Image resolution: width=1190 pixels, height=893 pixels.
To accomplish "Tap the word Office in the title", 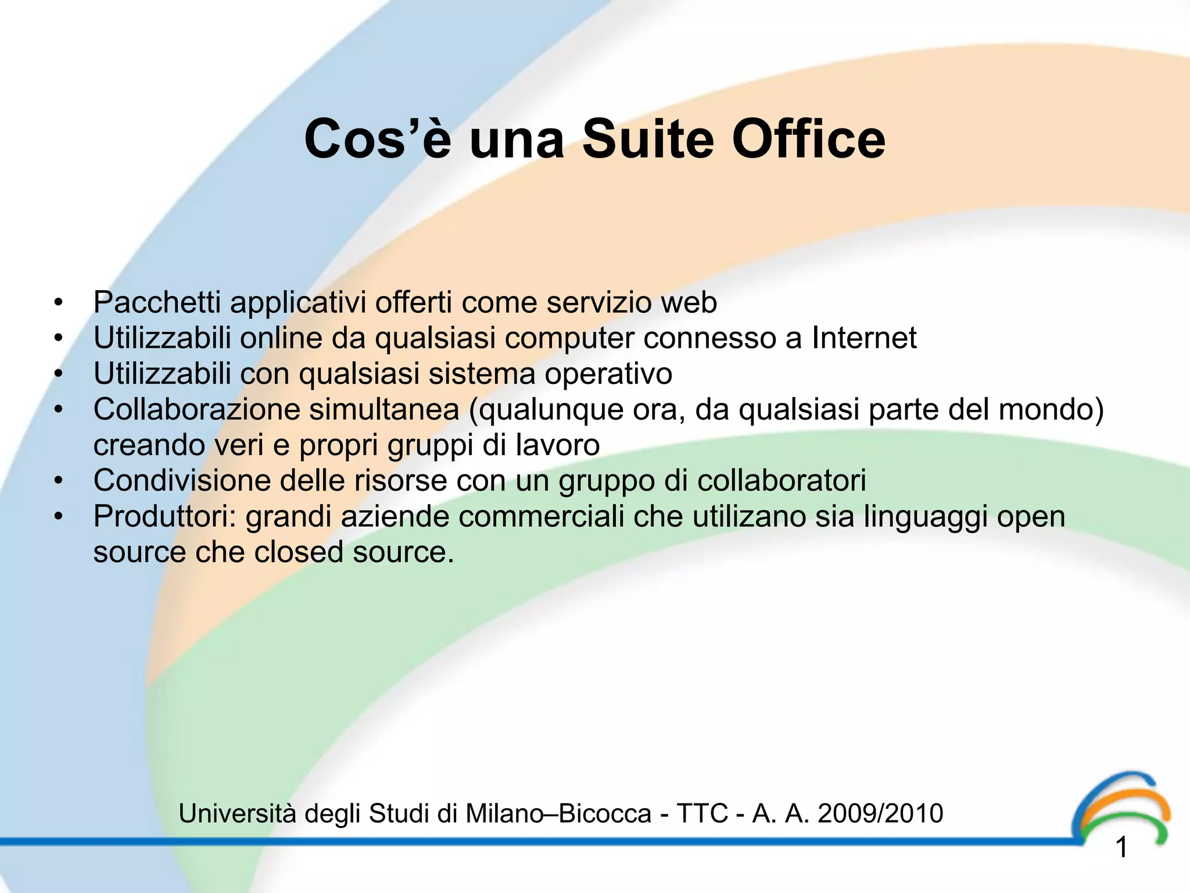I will pos(808,140).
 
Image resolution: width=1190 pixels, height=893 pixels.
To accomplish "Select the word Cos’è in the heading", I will pos(377,140).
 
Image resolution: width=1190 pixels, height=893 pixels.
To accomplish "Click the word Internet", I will pos(864,338).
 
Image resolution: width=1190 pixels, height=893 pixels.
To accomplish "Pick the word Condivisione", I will pos(182,481).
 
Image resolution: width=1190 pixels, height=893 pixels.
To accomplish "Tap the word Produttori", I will pos(165,516).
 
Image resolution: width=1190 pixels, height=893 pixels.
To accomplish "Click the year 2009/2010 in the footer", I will pos(880,813).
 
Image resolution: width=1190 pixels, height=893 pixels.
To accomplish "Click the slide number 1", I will pos(1122,848).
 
